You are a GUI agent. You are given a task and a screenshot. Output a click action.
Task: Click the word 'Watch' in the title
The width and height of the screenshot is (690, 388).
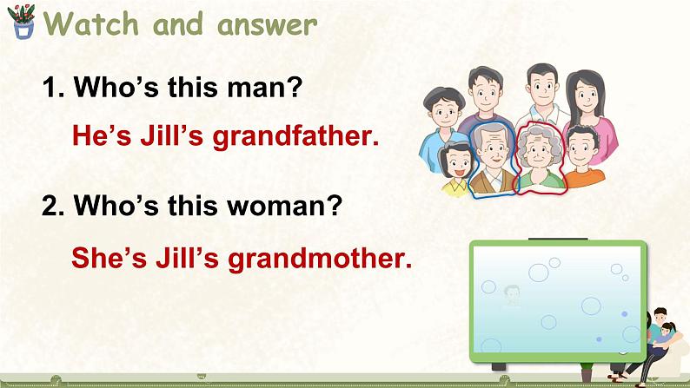coord(91,24)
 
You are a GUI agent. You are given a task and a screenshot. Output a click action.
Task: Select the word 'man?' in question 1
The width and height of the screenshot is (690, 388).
coord(273,88)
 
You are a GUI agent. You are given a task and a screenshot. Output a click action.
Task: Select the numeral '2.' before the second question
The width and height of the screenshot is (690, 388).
coord(54,207)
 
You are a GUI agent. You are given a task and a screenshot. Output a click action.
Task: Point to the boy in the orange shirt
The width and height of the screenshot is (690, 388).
coord(583,156)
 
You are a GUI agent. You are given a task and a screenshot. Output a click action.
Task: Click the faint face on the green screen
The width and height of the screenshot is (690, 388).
coord(512,295)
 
